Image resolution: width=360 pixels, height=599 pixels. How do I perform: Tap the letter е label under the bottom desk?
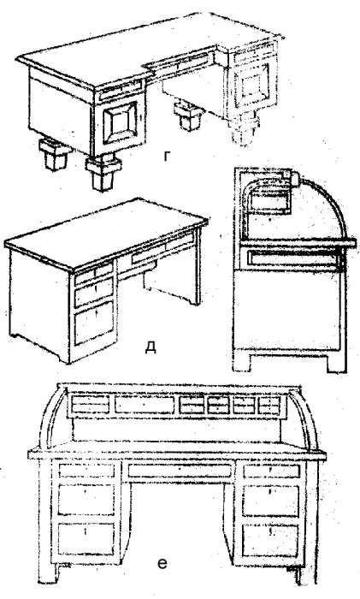(162, 564)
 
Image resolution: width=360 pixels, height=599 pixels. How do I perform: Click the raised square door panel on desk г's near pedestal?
(120, 123)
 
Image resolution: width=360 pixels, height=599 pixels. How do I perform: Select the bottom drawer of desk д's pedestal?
(94, 323)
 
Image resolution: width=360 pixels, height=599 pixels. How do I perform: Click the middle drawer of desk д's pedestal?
(94, 292)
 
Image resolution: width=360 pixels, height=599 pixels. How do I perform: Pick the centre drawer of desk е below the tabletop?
(180, 471)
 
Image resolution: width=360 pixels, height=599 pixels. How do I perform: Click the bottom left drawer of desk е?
(86, 539)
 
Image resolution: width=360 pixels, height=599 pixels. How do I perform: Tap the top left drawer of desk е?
(86, 471)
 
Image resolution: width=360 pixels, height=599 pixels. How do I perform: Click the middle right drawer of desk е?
(271, 501)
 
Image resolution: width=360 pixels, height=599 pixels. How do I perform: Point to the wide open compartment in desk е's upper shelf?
(145, 405)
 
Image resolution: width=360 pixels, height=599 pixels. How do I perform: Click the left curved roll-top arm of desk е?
(50, 418)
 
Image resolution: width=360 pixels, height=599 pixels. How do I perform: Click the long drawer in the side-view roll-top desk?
(292, 258)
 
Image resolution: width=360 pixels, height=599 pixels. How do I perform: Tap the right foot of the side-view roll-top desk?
(337, 364)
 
